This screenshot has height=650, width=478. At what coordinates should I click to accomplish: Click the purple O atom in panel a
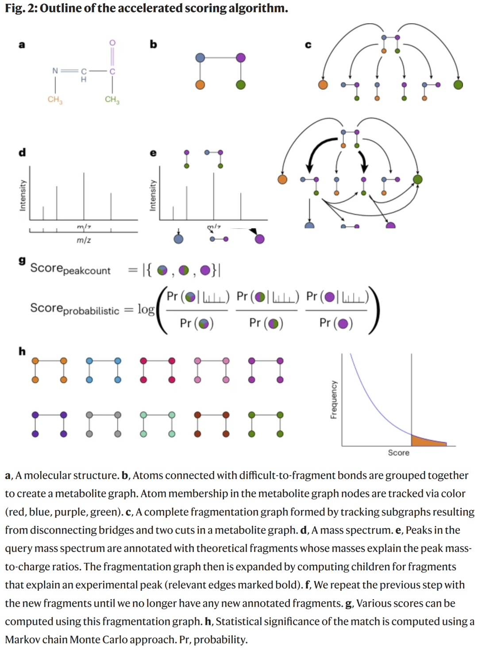(x=112, y=42)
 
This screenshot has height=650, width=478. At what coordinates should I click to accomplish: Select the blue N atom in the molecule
(x=55, y=70)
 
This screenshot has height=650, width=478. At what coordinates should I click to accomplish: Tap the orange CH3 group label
(x=55, y=100)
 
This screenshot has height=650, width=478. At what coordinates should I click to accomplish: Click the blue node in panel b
(x=200, y=58)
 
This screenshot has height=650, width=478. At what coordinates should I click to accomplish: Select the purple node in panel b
(x=241, y=58)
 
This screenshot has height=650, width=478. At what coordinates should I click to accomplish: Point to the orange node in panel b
(x=200, y=85)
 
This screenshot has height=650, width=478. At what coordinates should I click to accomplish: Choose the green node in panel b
(x=241, y=85)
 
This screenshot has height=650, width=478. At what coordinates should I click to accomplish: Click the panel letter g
(x=22, y=260)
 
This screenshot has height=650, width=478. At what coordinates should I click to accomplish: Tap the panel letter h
(x=22, y=351)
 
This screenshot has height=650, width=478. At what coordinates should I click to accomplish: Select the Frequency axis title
(x=334, y=400)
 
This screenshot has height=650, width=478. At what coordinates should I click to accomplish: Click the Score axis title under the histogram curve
(x=398, y=453)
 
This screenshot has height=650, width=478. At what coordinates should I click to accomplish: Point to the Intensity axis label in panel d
(x=23, y=195)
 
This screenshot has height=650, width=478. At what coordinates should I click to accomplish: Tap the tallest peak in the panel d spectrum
(x=84, y=195)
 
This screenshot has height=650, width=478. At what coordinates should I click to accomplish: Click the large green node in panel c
(x=458, y=85)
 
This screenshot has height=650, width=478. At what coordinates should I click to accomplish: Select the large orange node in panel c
(x=323, y=85)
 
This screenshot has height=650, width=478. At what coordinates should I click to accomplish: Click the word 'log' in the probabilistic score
(x=146, y=309)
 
